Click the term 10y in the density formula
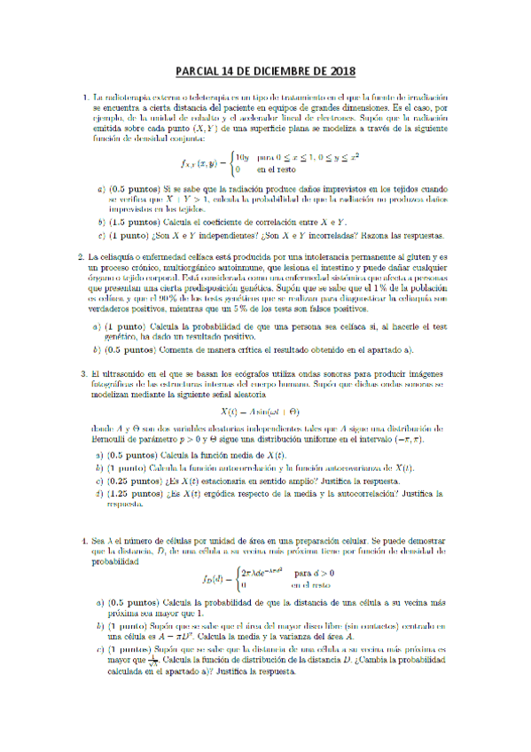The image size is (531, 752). point(241,157)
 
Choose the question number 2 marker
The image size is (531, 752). point(82,258)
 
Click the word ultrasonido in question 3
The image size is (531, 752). point(127,374)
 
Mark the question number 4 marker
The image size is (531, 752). point(82,539)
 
